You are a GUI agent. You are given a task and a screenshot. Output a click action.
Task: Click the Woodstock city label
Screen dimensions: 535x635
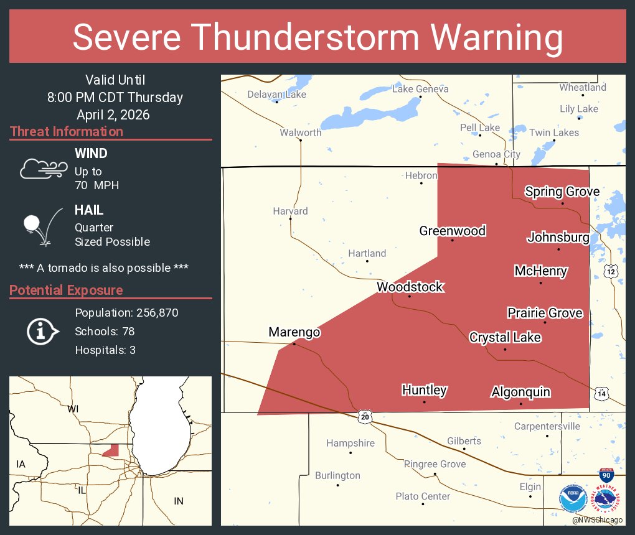tap(410, 287)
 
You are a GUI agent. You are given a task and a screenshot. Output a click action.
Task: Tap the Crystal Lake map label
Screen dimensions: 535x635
tap(505, 337)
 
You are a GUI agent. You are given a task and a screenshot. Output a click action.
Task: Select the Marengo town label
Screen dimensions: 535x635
tap(294, 332)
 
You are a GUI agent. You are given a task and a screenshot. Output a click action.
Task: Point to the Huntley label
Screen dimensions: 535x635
tap(424, 390)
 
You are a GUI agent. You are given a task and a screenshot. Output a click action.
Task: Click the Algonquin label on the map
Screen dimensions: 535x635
tap(520, 392)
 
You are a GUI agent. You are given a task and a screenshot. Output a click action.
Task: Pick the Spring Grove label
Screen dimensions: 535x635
tap(562, 192)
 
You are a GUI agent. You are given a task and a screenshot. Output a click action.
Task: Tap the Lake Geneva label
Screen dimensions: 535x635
tap(420, 89)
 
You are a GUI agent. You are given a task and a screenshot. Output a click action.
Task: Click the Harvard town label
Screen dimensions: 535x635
tap(290, 211)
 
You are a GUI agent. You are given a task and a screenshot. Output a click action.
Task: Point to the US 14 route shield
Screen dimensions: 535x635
tap(601, 393)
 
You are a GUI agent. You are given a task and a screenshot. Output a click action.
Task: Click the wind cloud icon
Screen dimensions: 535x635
tap(43, 169)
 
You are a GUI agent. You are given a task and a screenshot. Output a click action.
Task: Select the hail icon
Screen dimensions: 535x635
tap(41, 226)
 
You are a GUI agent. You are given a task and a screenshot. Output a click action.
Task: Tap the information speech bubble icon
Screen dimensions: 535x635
tap(42, 332)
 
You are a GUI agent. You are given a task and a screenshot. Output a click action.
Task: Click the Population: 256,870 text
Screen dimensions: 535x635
tap(126, 312)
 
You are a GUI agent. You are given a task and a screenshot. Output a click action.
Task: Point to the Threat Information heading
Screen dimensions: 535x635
tap(67, 132)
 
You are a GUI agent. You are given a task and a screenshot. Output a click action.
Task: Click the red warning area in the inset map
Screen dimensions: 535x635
tap(111, 450)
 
